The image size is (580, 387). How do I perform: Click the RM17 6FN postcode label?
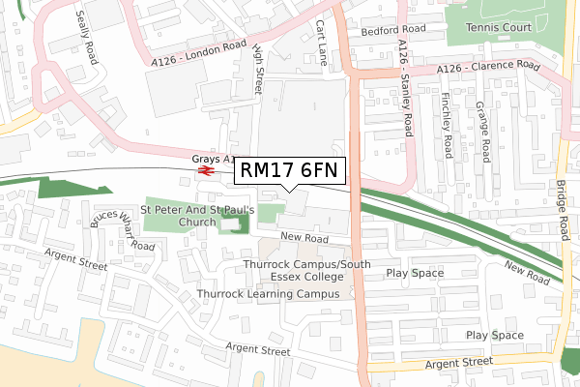[288, 170]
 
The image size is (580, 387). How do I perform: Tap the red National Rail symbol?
[205, 171]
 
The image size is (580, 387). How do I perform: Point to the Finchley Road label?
[446, 125]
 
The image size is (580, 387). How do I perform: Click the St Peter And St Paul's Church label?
[197, 215]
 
